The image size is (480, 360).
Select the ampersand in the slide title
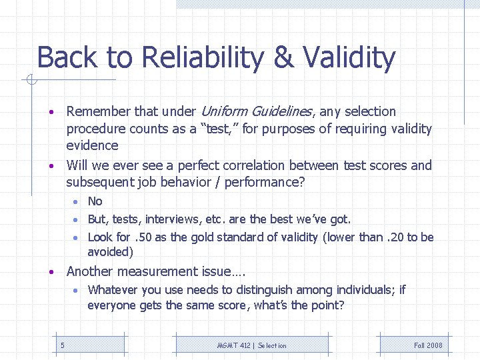(x=283, y=58)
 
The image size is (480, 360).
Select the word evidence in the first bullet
(x=92, y=145)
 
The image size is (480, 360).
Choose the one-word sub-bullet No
(x=95, y=201)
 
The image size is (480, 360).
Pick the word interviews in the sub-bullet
(x=177, y=219)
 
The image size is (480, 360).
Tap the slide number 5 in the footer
(x=62, y=345)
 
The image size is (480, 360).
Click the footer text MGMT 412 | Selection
(x=252, y=345)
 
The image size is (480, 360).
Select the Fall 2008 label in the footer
(x=427, y=345)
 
